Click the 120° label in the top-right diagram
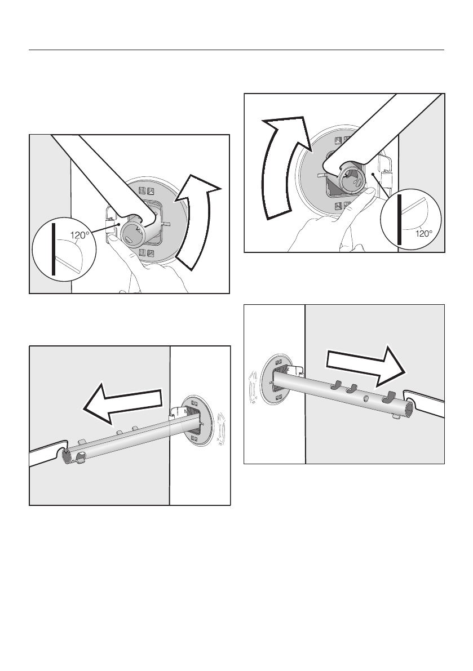click(424, 233)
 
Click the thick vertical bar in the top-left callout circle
click(54, 249)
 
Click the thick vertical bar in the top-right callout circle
click(399, 220)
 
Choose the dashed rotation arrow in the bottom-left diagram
click(221, 426)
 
